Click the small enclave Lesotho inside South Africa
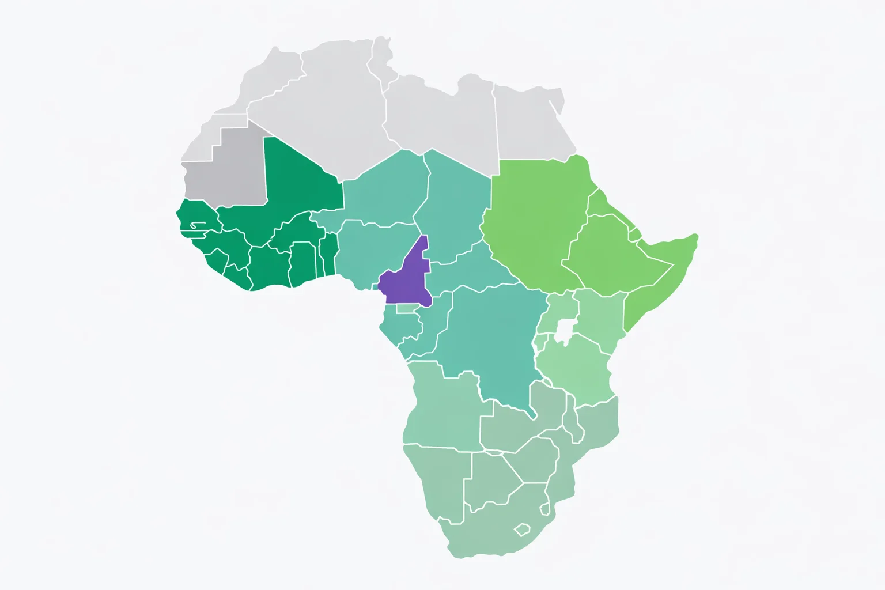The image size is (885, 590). click(522, 529)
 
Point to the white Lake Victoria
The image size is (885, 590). click(564, 331)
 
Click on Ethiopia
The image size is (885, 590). click(611, 254)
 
